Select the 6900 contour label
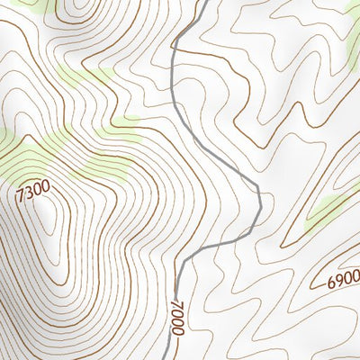[x=343, y=280]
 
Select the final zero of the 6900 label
[x=355, y=275]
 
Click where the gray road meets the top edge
[x=204, y=1]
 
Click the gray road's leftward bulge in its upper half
[x=172, y=63]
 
